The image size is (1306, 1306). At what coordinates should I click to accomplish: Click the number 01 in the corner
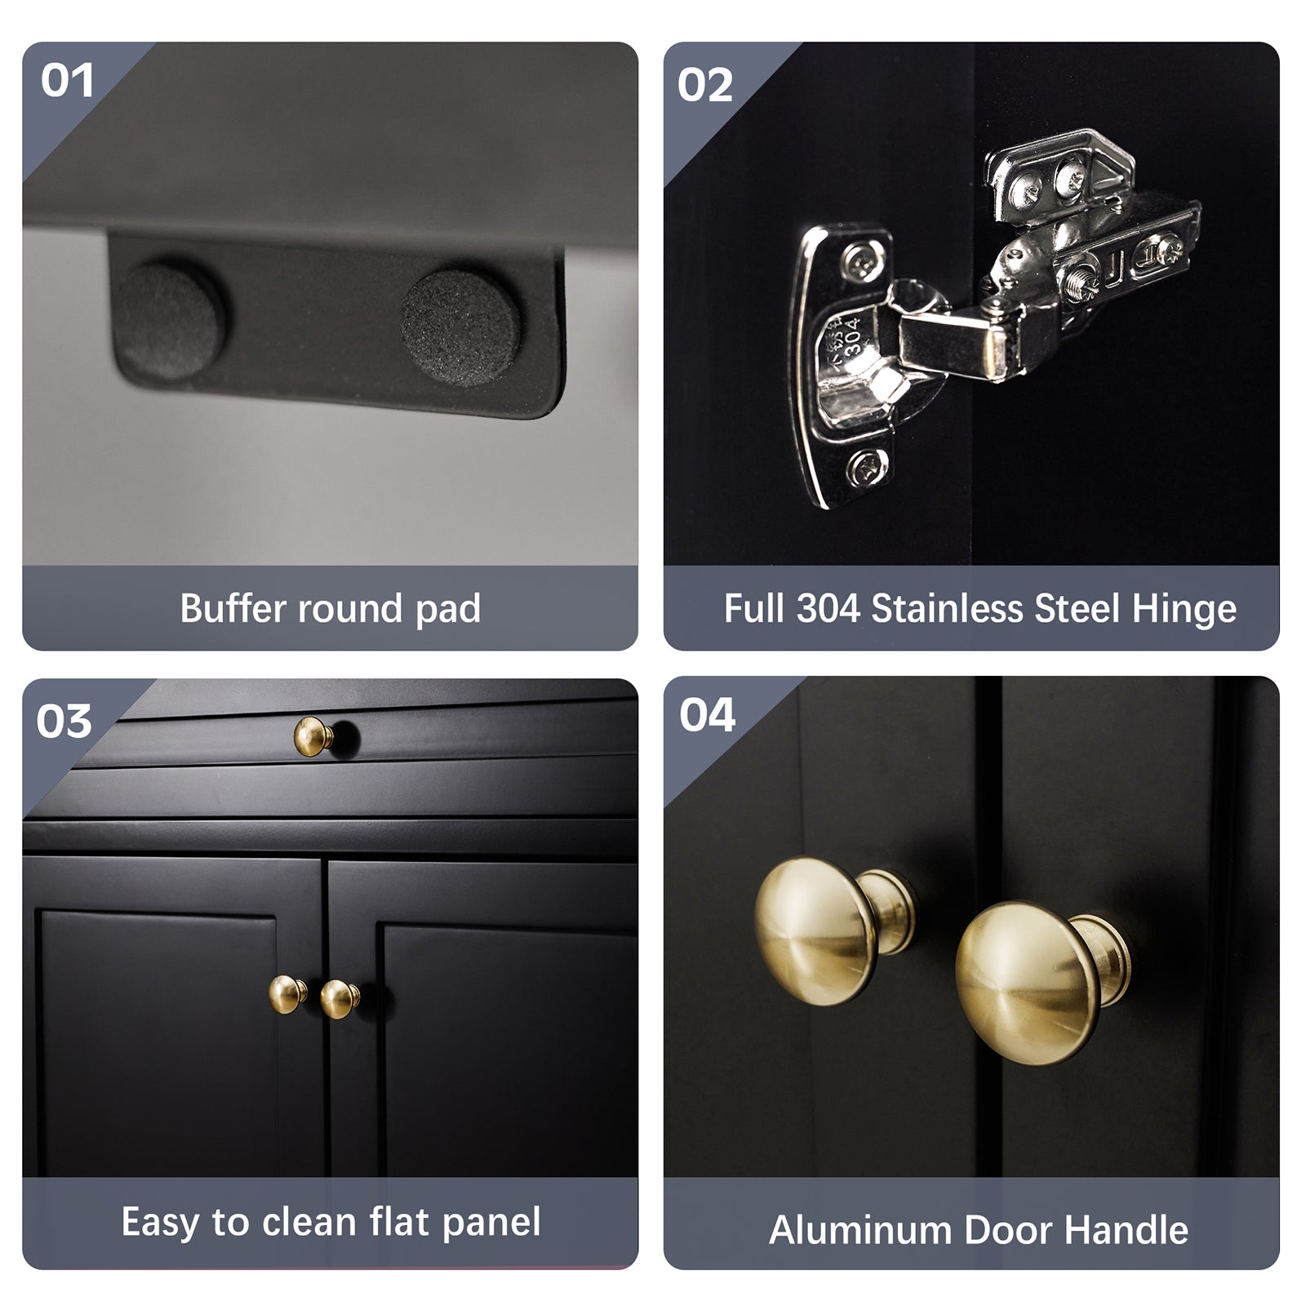click(x=67, y=81)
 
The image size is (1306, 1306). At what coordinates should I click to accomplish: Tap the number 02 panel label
click(x=705, y=86)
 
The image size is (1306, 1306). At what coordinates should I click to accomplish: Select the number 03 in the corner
click(x=64, y=722)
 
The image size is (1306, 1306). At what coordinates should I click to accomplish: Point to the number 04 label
click(x=708, y=715)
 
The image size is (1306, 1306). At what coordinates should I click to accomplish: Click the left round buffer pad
click(x=170, y=319)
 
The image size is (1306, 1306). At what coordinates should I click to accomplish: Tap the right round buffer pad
click(x=460, y=328)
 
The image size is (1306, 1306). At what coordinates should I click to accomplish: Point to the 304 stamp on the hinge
click(x=851, y=335)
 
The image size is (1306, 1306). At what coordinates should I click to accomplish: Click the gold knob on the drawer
click(x=314, y=736)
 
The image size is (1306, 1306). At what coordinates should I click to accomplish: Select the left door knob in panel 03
click(x=288, y=994)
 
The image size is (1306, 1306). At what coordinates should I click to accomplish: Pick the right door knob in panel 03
click(x=340, y=999)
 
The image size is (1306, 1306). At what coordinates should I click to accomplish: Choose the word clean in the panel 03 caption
click(x=310, y=1222)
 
